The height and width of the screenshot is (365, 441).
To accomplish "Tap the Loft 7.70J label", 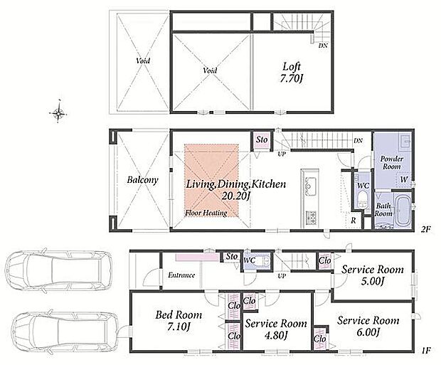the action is (292, 73).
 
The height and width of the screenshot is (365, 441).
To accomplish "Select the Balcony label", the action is (142, 180).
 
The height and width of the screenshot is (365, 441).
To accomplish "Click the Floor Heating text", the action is (206, 213).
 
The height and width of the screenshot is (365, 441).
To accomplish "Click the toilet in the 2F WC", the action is (362, 199).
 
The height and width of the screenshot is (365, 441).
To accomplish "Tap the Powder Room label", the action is (392, 163).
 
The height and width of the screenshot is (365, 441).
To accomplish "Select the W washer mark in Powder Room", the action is (404, 179).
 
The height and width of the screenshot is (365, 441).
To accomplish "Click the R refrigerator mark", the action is (354, 221).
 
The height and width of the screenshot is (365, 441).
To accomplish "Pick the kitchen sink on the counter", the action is (309, 185).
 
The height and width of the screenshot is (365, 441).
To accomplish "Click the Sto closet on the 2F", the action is (262, 140).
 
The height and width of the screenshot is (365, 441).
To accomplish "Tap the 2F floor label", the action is (426, 229).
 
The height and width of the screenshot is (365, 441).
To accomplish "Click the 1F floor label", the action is (426, 351).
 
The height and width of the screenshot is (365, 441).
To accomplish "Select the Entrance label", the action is (181, 275).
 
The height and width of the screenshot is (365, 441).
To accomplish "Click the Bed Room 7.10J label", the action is (179, 320).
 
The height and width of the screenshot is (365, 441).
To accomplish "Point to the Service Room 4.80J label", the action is (276, 329).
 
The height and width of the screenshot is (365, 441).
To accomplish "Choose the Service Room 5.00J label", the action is (373, 275).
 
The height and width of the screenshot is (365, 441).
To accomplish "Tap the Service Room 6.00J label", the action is (368, 326).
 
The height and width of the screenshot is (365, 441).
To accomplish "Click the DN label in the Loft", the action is (323, 46).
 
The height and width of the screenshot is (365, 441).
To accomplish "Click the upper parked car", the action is (59, 270).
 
